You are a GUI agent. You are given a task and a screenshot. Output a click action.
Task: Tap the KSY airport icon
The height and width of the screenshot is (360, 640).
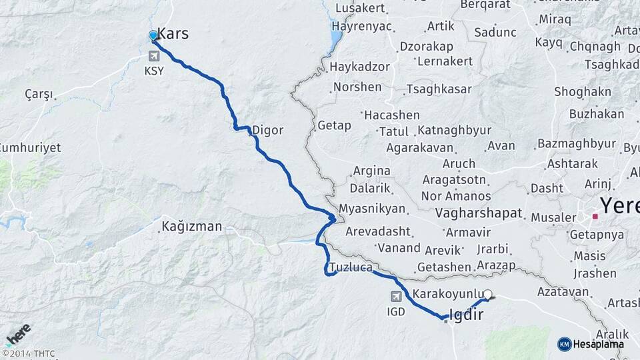(155, 56)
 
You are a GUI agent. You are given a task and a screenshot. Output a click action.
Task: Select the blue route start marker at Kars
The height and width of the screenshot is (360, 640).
(153, 35)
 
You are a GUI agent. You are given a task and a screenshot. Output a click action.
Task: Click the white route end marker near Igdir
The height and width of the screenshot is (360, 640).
(488, 294)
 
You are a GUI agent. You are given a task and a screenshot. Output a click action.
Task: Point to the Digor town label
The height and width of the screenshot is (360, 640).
(267, 130)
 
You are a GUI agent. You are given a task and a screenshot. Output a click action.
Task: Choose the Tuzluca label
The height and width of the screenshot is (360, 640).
(349, 267)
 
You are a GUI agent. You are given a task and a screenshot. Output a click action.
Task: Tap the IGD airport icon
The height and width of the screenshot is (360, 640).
(396, 296)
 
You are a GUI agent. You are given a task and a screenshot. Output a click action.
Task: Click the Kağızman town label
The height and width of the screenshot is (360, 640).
(191, 227)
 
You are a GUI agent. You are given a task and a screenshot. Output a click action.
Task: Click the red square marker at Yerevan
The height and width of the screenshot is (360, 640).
(595, 216)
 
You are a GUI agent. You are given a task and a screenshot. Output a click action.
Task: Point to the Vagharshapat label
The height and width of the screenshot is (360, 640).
(479, 213)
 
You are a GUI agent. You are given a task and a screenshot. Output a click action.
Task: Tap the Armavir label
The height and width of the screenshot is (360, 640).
(468, 232)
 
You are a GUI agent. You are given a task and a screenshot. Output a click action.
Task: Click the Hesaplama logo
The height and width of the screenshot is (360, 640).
(591, 344)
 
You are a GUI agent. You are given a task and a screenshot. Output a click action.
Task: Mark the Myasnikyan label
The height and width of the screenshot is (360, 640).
(372, 209)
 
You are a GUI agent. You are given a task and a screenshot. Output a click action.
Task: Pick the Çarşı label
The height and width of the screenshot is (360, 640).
(39, 94)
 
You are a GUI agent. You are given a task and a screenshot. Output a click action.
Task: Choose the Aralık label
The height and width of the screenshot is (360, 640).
(612, 334)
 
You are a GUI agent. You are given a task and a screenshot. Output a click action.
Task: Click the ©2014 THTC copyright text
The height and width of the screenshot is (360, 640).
(29, 353)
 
